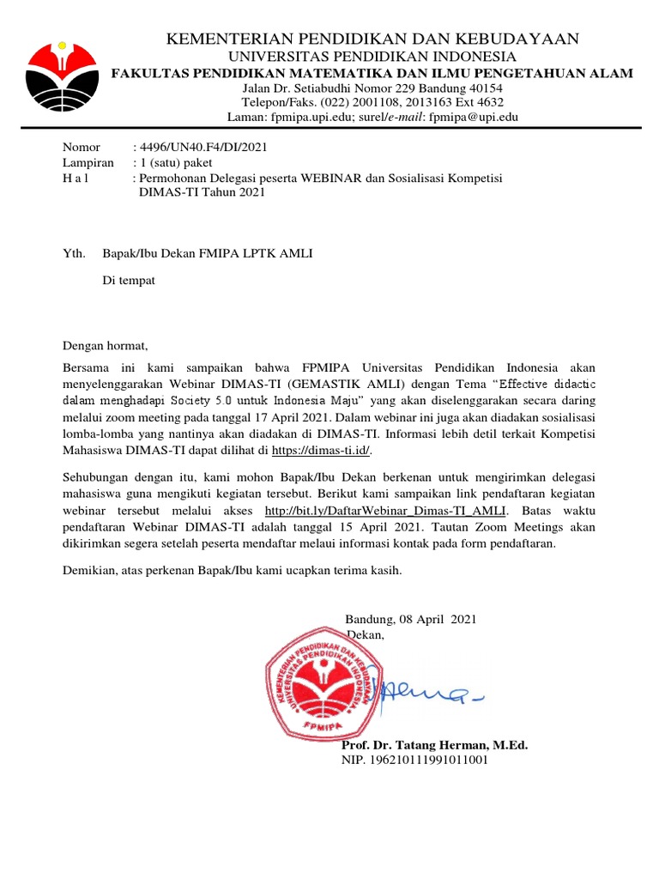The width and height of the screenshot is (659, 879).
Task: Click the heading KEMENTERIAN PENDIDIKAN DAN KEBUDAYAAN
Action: [372, 39]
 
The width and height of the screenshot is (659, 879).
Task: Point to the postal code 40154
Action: [485, 88]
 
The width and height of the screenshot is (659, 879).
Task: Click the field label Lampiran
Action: [88, 162]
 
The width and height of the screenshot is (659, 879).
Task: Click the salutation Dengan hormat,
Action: [106, 346]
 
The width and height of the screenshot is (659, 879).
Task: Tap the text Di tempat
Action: [129, 281]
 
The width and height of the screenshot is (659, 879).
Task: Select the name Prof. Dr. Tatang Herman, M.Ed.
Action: [434, 745]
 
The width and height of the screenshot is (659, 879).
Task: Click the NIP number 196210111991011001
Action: [415, 760]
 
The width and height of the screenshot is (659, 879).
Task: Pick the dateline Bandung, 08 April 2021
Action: [410, 619]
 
